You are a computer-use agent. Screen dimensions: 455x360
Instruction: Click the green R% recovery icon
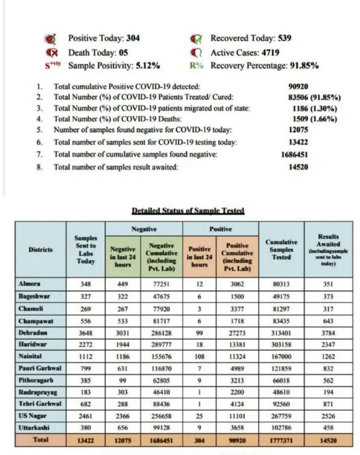point(197,66)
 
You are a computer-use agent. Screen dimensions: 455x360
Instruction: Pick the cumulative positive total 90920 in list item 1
point(298,86)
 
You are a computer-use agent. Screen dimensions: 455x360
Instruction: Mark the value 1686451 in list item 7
point(294,154)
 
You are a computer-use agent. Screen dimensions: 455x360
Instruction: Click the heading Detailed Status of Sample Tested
point(188,211)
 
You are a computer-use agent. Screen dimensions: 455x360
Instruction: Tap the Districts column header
point(40,250)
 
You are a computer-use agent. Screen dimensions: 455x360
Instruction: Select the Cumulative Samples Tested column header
point(281,250)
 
